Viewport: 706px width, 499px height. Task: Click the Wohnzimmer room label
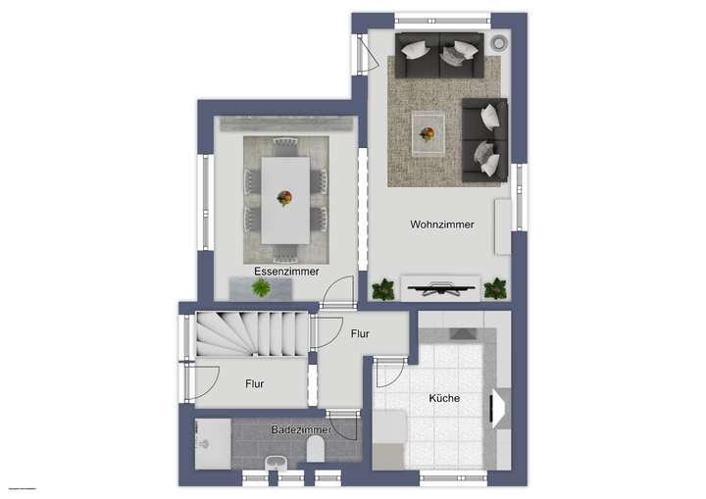click(441, 225)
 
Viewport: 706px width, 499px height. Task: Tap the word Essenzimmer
click(286, 272)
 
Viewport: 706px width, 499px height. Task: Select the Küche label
click(444, 399)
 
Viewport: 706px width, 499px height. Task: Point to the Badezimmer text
click(300, 429)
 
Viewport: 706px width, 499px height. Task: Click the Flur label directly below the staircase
click(254, 384)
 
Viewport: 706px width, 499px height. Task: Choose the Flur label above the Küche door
click(360, 334)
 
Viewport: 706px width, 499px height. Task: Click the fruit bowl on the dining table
click(285, 197)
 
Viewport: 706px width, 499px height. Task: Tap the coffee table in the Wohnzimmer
click(428, 133)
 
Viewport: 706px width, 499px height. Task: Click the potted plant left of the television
click(383, 289)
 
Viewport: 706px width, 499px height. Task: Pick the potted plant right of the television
click(495, 288)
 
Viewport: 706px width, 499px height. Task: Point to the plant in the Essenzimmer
click(261, 288)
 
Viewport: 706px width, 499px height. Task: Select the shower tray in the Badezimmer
click(212, 443)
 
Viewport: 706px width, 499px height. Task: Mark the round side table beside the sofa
click(497, 43)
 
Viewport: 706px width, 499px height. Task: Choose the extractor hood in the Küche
click(500, 407)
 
